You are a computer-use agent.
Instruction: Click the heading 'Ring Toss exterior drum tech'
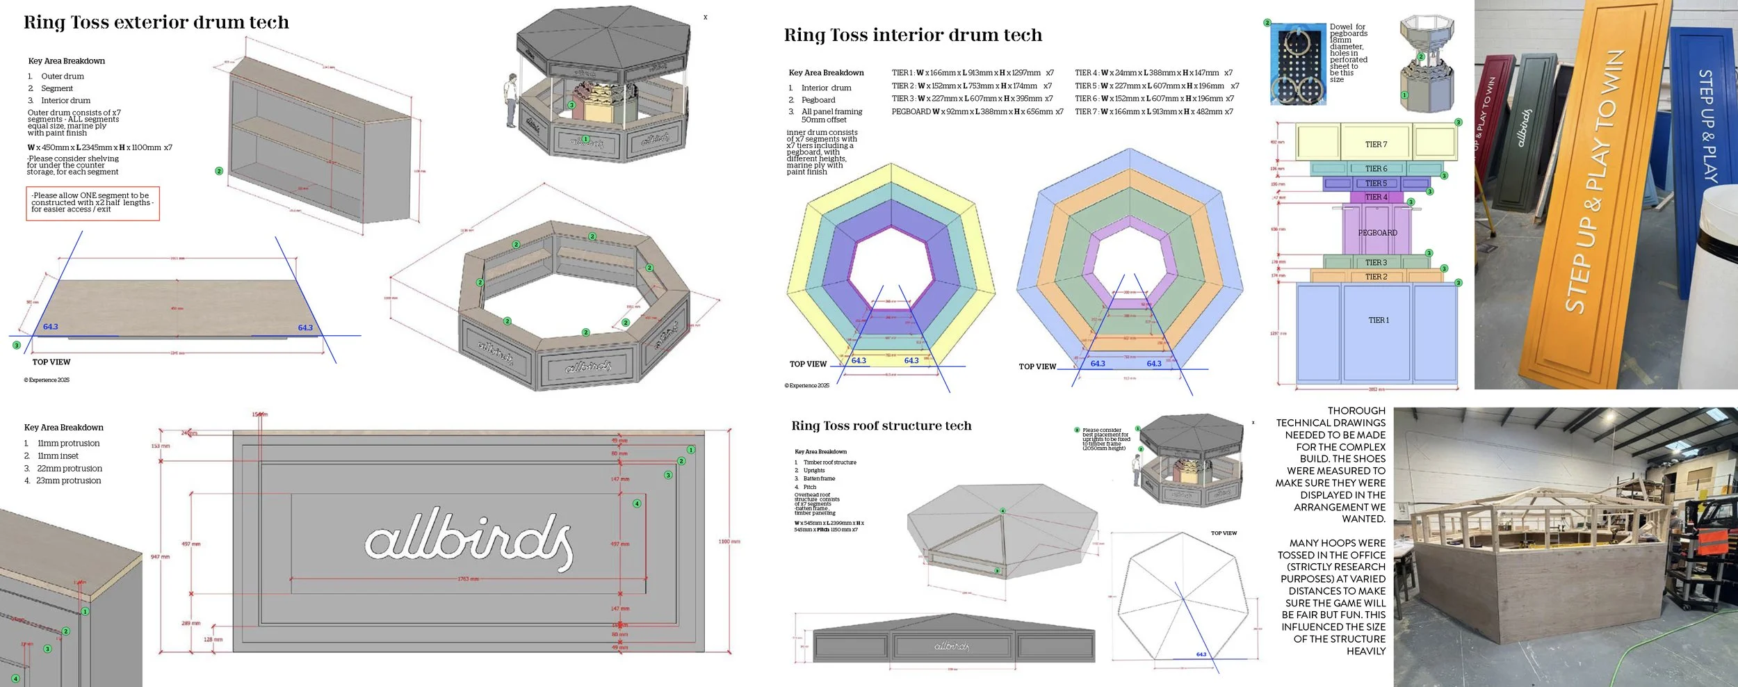click(156, 23)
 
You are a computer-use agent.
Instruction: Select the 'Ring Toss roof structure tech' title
click(881, 426)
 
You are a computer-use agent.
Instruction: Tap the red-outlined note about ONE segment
click(92, 203)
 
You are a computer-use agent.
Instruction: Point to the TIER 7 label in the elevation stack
click(1376, 145)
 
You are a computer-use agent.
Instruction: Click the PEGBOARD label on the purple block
click(1377, 233)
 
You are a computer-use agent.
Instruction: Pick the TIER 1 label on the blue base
click(1379, 321)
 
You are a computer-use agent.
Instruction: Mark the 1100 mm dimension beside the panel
click(729, 542)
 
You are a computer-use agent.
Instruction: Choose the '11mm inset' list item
click(58, 456)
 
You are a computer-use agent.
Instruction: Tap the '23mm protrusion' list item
click(68, 481)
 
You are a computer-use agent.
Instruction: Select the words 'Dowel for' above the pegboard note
click(1347, 27)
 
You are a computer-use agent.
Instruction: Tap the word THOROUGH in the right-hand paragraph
click(1356, 411)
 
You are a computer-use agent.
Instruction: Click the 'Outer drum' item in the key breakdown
click(62, 76)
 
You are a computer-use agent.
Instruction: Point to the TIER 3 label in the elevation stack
click(1376, 263)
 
